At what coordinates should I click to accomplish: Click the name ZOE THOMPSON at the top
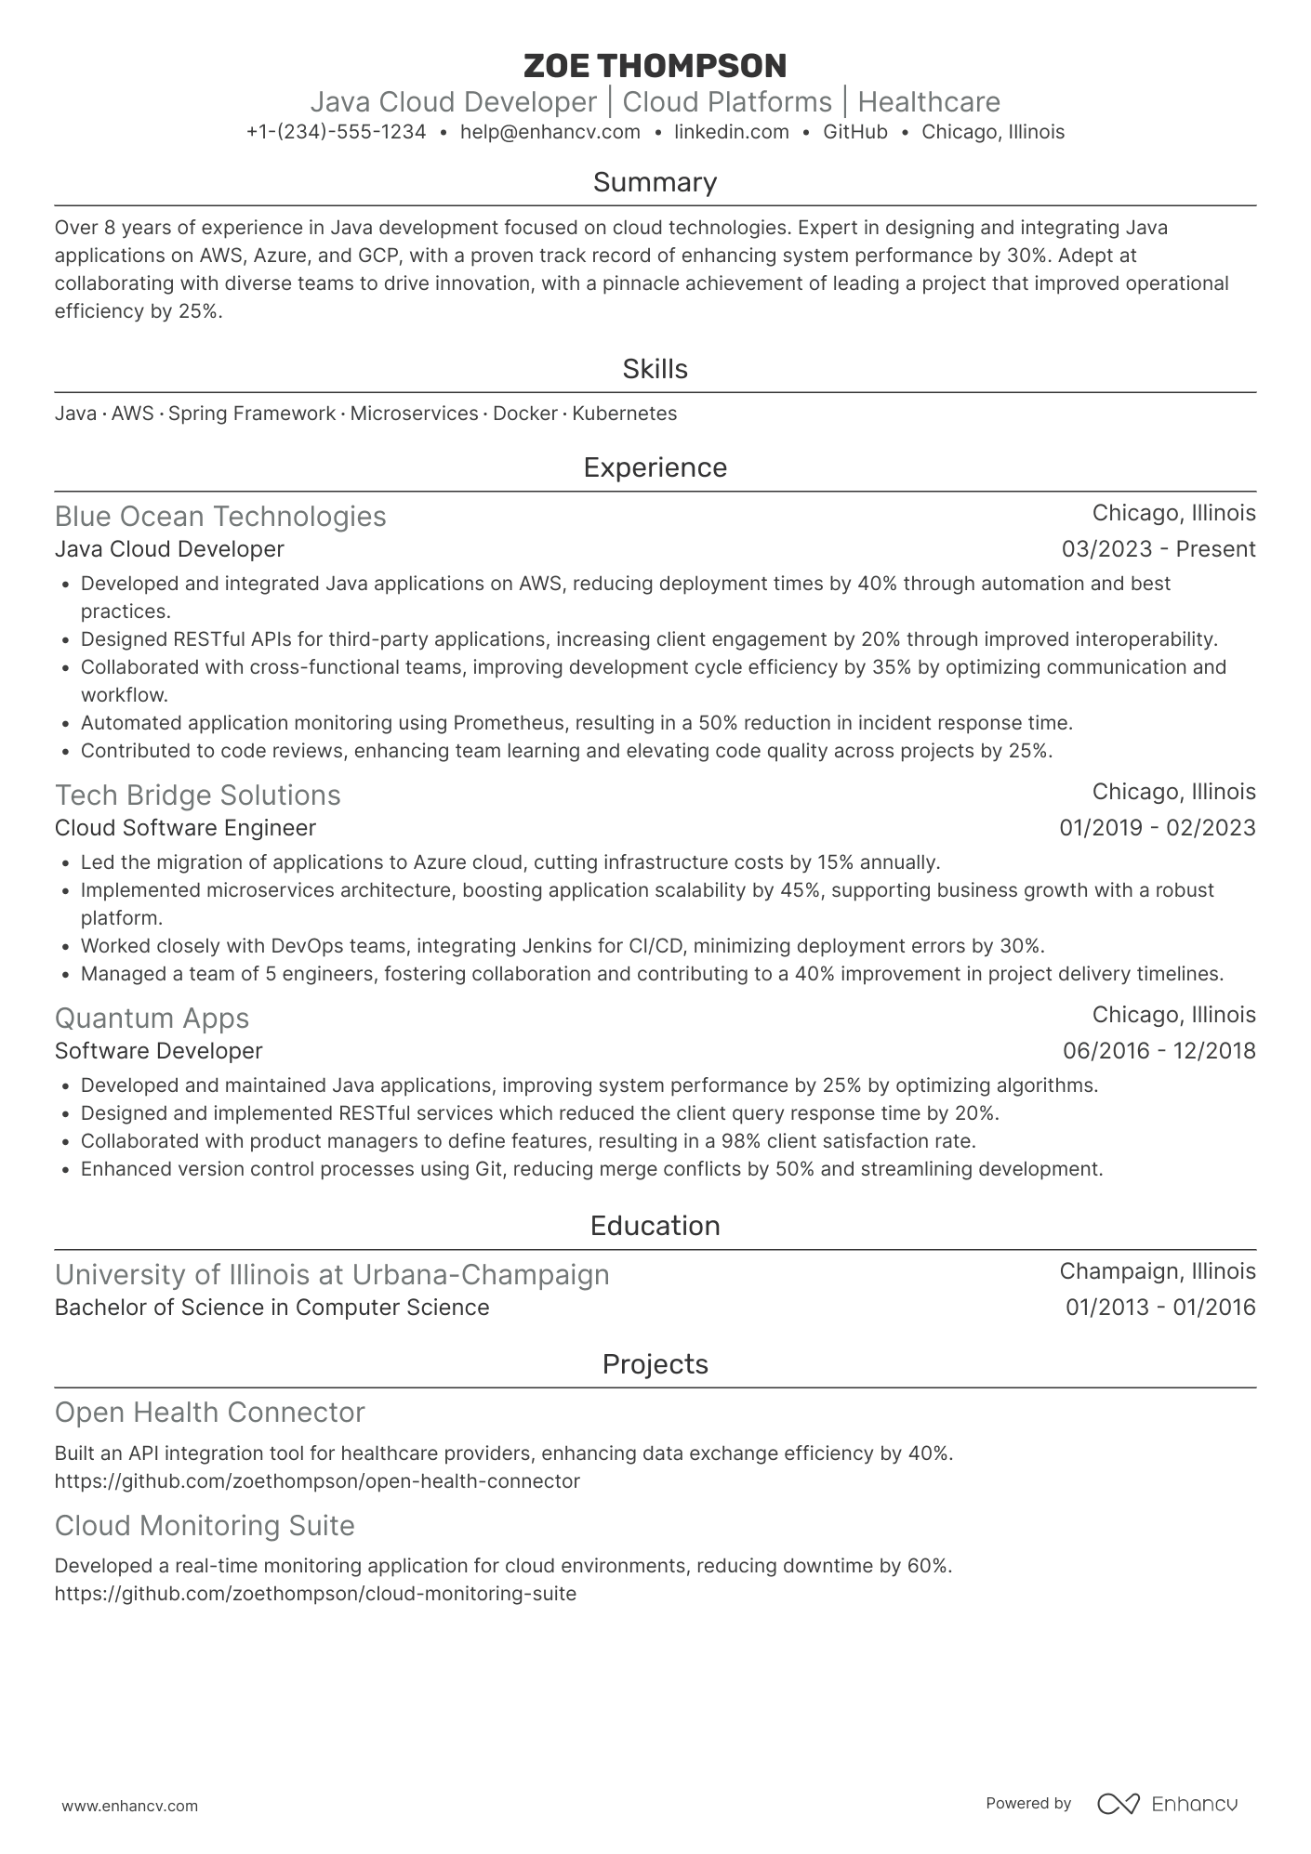pyautogui.click(x=655, y=66)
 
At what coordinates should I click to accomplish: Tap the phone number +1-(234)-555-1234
pyautogui.click(x=336, y=132)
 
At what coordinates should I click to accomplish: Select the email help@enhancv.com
pyautogui.click(x=550, y=132)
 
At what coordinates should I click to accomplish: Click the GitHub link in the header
pyautogui.click(x=854, y=132)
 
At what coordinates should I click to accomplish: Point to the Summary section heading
pyautogui.click(x=655, y=182)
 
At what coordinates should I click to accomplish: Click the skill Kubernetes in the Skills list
pyautogui.click(x=624, y=414)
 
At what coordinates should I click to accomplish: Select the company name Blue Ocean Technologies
pyautogui.click(x=220, y=516)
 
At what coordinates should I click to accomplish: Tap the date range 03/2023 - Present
pyautogui.click(x=1158, y=549)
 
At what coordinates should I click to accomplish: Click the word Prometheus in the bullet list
pyautogui.click(x=503, y=723)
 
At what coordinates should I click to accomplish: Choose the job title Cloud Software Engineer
pyautogui.click(x=185, y=828)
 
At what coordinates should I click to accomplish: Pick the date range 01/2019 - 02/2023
pyautogui.click(x=1157, y=828)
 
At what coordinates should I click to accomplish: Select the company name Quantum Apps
pyautogui.click(x=152, y=1018)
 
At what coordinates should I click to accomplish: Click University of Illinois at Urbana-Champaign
pyautogui.click(x=332, y=1274)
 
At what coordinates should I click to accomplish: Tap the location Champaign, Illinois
pyautogui.click(x=1157, y=1271)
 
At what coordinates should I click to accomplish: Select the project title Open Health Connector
pyautogui.click(x=209, y=1412)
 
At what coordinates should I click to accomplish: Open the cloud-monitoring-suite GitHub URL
pyautogui.click(x=315, y=1594)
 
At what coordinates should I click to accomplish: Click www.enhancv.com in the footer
pyautogui.click(x=129, y=1806)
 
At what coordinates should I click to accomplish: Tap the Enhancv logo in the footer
pyautogui.click(x=1167, y=1804)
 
